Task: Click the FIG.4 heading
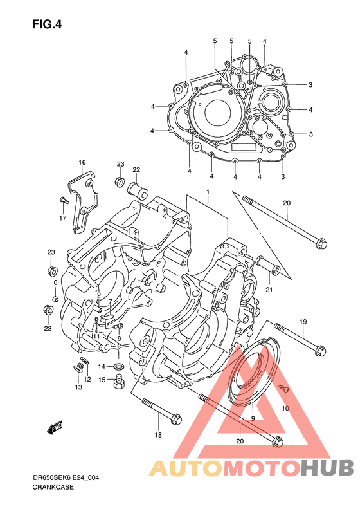click(47, 24)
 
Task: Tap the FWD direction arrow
click(55, 428)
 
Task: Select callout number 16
click(82, 162)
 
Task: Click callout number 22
click(136, 169)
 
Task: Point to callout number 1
click(208, 192)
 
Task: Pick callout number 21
click(269, 290)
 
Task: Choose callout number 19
click(303, 322)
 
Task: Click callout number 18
click(158, 435)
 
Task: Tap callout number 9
click(253, 418)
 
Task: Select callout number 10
click(285, 408)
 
